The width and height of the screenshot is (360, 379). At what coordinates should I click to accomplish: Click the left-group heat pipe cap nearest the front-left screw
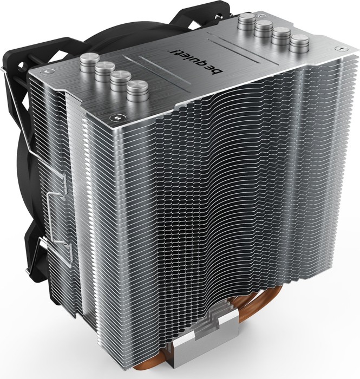point(138,89)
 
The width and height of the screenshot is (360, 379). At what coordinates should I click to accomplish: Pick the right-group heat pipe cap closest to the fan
point(247,23)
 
